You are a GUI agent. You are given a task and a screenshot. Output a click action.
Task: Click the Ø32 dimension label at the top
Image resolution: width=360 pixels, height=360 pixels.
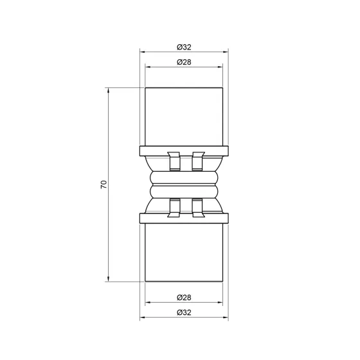coord(184,46)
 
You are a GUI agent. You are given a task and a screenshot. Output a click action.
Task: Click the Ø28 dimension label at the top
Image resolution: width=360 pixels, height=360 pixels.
coord(184,62)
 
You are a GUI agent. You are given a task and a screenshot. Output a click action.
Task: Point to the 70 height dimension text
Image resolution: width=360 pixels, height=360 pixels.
coord(103,184)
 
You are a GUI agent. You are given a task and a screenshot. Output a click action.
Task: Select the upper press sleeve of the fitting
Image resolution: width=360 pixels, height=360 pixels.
coord(184,116)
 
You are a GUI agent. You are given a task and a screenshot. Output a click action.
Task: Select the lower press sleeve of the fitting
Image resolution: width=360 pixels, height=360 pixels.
coord(184,252)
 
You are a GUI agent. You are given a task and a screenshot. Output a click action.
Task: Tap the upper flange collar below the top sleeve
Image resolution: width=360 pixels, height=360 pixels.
coord(184,152)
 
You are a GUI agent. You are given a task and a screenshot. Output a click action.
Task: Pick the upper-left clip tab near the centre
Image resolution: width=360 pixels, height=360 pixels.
coord(173,161)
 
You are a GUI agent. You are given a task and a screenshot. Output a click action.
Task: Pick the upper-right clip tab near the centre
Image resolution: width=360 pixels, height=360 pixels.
coord(197,161)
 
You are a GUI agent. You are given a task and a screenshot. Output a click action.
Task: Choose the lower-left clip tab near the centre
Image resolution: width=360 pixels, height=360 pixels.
coord(173,206)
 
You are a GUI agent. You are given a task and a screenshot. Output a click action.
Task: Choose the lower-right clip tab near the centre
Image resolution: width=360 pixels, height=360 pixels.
coord(197,206)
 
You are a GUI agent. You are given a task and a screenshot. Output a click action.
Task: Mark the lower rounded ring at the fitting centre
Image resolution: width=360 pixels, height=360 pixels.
coord(184,192)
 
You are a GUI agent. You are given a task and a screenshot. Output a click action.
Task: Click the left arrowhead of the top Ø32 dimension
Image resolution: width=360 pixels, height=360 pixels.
coord(143,52)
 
